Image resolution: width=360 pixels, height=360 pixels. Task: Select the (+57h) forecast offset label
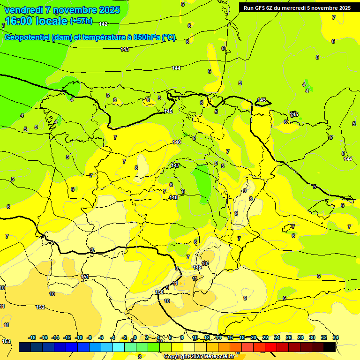(81, 21)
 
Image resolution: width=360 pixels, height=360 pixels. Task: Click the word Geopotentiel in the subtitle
(27, 37)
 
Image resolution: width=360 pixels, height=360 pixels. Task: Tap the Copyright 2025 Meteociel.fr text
(199, 356)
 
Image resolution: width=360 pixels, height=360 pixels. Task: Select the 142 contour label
(103, 24)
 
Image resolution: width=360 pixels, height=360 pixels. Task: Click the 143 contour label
(125, 49)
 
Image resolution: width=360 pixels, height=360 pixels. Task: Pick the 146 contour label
(177, 142)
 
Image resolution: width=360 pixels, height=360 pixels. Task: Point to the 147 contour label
(175, 165)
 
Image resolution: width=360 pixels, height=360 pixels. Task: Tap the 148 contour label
(173, 197)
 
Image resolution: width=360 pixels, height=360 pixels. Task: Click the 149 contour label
(197, 267)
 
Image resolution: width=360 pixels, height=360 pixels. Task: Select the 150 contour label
(159, 292)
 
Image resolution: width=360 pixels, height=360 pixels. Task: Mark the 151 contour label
(85, 277)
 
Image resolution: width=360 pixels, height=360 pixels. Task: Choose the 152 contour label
(40, 307)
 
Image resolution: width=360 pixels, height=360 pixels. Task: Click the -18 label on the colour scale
(32, 337)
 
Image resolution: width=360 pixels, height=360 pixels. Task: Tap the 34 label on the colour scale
(336, 337)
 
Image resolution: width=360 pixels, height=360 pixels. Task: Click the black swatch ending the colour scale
(330, 347)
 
